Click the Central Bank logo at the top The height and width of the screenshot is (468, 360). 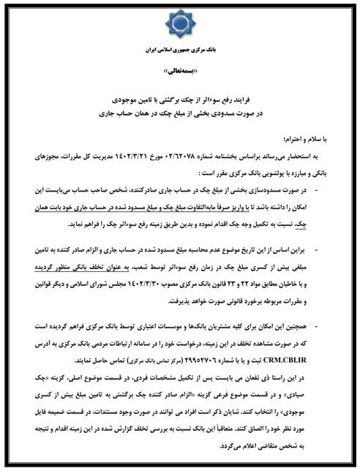click(180, 25)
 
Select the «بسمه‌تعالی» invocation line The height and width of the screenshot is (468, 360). click(181, 75)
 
